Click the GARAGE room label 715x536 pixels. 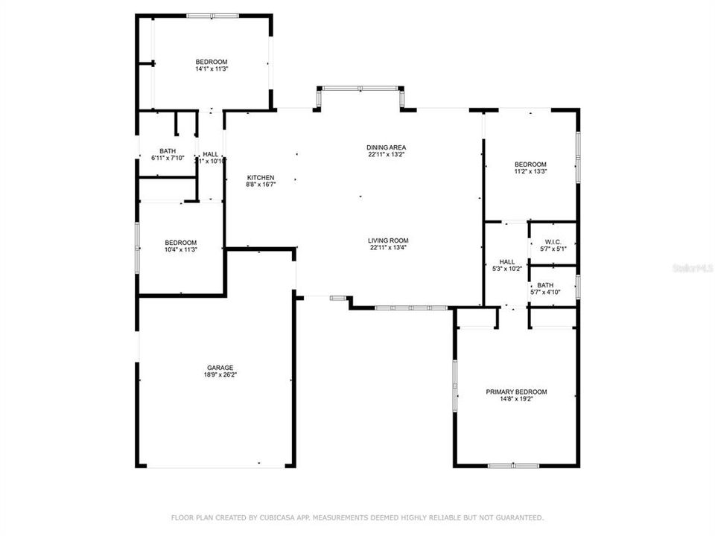220,368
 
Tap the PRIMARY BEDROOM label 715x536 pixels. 516,392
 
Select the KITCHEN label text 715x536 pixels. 261,177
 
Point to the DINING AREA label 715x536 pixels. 386,147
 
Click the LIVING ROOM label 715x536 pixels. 388,240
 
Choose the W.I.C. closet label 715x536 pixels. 553,241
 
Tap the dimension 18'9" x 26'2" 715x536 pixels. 220,375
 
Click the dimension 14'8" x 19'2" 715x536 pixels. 516,399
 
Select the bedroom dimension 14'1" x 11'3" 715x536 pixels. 212,69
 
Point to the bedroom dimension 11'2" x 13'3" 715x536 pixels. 530,172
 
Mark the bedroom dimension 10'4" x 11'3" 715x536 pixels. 180,250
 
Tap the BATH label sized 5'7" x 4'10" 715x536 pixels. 546,284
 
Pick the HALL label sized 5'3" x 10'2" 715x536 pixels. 507,261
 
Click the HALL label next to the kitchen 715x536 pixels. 211,154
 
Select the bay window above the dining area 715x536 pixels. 360,89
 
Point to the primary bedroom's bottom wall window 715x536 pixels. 513,466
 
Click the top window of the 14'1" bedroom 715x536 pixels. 212,16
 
